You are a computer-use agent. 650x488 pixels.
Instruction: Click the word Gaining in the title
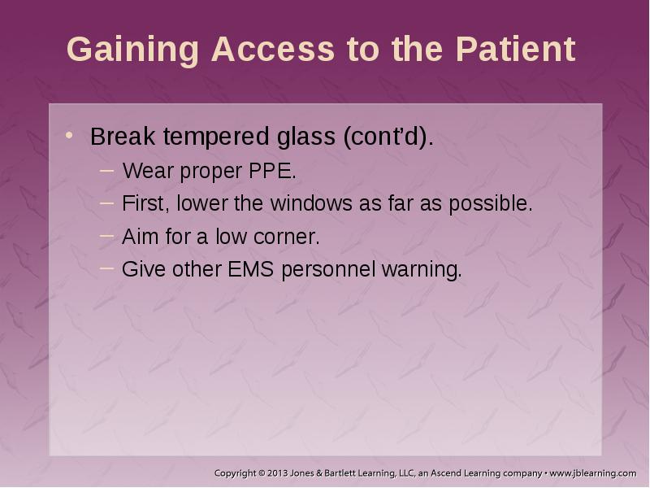(x=132, y=50)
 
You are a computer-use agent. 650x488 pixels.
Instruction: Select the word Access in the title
(x=273, y=49)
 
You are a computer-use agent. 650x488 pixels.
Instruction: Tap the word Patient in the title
(x=516, y=49)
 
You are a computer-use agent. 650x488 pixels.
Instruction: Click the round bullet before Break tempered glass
(x=69, y=135)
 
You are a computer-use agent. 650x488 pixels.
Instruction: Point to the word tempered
(x=216, y=137)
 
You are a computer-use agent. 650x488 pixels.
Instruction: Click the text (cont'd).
(x=388, y=137)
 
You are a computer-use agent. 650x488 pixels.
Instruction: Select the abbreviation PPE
(x=272, y=171)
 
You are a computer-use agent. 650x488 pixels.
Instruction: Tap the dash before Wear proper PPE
(x=107, y=170)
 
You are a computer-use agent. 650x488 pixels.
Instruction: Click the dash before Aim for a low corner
(x=107, y=236)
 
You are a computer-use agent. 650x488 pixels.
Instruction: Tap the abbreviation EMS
(x=251, y=269)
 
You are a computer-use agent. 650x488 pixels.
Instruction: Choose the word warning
(x=422, y=270)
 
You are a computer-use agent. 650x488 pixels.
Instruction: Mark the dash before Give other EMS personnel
(x=107, y=268)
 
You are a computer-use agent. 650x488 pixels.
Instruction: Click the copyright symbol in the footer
(x=261, y=473)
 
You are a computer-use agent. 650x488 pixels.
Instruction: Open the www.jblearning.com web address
(x=593, y=473)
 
